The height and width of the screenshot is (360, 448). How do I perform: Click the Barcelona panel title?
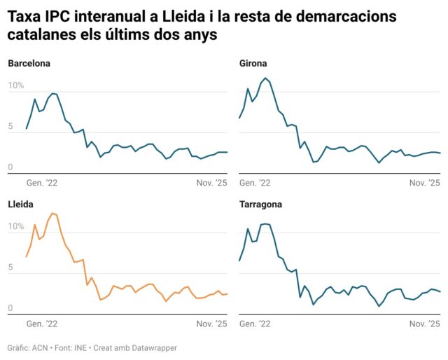pos(29,64)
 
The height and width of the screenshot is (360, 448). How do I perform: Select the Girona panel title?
pos(253,64)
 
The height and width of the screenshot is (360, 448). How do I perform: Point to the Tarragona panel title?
pos(260,205)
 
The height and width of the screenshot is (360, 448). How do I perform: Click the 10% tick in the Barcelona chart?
pos(15,85)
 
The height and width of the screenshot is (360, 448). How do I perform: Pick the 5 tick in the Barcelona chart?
pos(10,126)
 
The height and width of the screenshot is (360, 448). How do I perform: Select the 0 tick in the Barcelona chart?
pos(10,167)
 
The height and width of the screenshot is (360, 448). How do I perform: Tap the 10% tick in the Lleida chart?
pos(15,226)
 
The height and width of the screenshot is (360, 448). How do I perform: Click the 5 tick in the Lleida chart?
pos(10,267)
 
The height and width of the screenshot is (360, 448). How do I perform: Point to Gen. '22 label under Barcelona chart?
pos(42,183)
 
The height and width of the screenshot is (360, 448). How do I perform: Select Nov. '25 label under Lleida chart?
pos(211,324)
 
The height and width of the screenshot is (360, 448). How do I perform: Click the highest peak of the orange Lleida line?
pos(52,213)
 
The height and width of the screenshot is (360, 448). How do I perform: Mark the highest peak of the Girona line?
pos(265,78)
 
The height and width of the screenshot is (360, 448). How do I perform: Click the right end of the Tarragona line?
pos(440,292)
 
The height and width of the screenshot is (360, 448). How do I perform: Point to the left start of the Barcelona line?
pos(26,129)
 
